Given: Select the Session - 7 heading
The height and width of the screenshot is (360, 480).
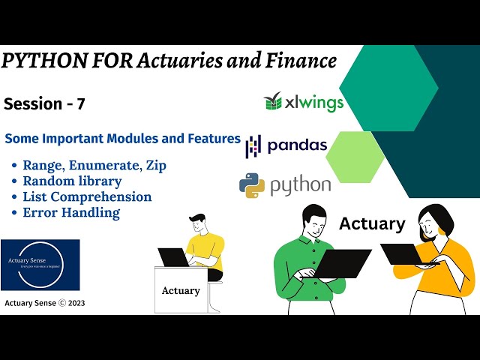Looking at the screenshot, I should pos(44,104).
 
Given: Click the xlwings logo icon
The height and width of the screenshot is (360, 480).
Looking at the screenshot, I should pos(273,101).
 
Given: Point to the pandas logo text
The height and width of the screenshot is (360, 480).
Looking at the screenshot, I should pos(297,144).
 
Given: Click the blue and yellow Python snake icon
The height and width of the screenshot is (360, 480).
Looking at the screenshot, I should pos(252,184).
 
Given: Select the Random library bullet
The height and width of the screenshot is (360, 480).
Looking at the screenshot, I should pos(72,181).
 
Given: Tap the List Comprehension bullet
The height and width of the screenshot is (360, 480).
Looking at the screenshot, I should pos(87,196).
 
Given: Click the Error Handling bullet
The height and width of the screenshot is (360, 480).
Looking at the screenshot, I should pos(71,212).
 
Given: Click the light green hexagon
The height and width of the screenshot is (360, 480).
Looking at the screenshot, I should pos(355,157).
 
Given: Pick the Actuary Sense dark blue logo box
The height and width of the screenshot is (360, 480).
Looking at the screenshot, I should pos(40,265).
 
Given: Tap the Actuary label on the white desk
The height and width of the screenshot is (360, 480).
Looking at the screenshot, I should pos(181,289).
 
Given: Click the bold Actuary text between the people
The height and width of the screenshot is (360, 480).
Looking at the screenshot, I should pos(372,223).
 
